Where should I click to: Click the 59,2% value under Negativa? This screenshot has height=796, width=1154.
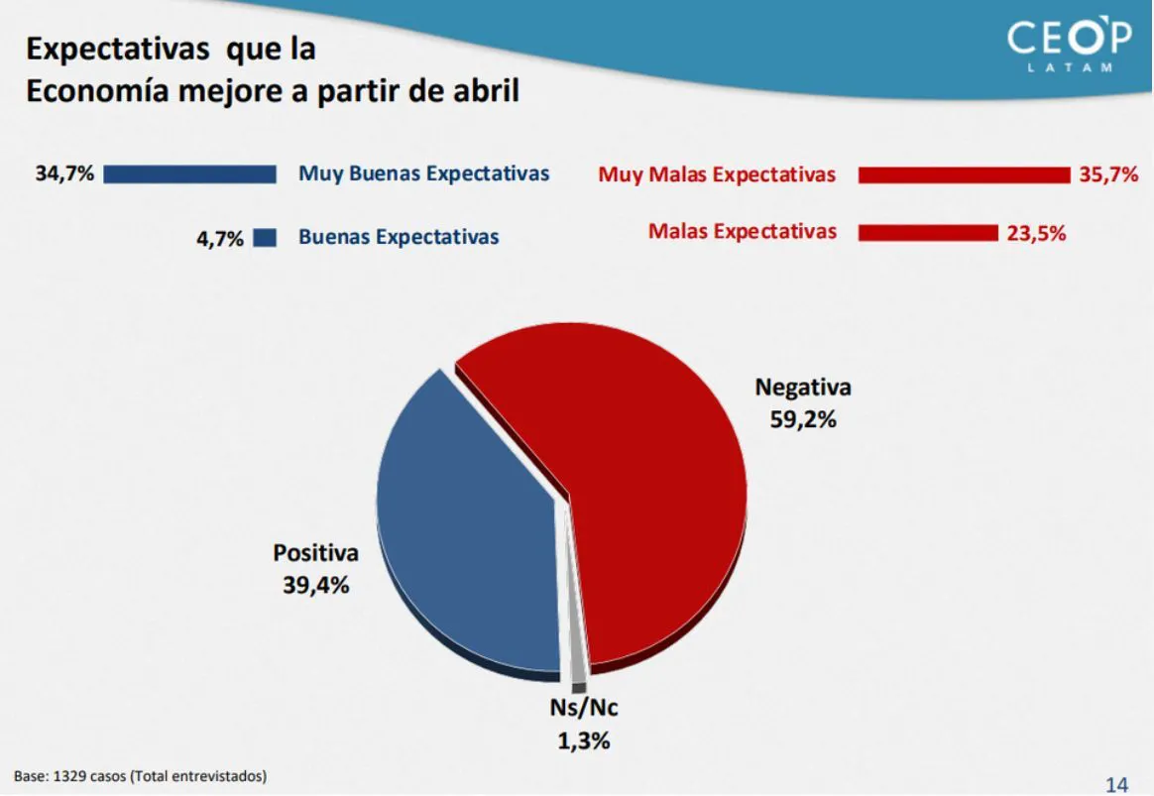803,419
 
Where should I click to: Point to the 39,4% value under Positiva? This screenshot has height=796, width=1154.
316,585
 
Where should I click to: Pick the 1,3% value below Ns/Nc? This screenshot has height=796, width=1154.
583,740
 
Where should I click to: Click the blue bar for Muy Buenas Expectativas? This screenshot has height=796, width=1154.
189,174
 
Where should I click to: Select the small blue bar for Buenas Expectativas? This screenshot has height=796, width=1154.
265,238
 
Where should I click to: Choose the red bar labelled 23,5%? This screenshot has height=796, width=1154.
928,233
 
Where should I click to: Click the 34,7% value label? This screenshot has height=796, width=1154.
64,174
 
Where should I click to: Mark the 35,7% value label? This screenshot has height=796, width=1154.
1108,175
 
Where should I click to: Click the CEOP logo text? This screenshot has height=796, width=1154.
1069,40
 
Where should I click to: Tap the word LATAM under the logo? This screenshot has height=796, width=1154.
1070,67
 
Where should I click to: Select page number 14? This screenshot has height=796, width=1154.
1116,784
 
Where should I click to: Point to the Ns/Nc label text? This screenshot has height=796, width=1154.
584,708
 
